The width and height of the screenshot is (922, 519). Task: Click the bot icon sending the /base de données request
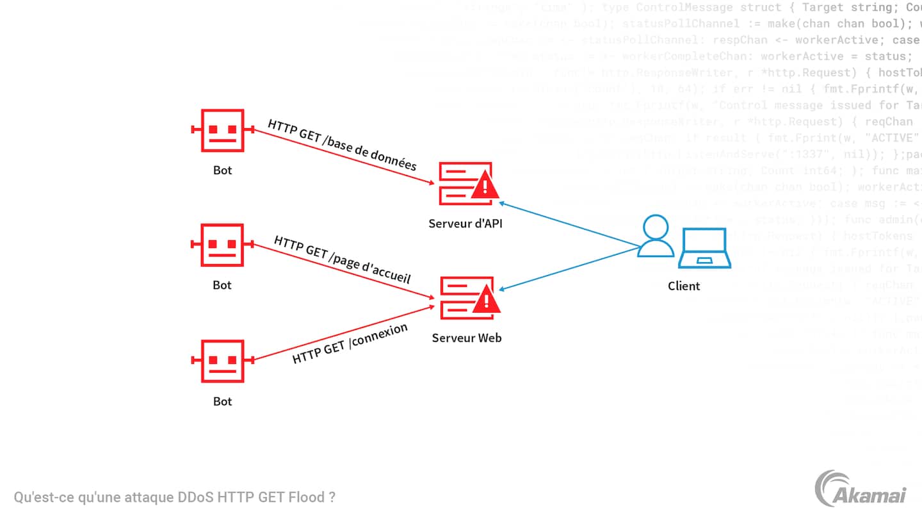(x=222, y=131)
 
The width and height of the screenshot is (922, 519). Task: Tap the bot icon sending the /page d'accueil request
(x=222, y=245)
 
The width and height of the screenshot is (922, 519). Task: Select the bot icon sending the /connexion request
(x=222, y=361)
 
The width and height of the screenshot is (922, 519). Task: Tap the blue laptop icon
(x=705, y=248)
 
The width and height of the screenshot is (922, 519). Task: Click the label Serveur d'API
(x=465, y=224)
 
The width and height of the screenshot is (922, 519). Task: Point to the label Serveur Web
(x=467, y=338)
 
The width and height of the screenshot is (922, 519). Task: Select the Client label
(x=684, y=286)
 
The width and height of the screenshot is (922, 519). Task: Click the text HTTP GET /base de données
(x=342, y=145)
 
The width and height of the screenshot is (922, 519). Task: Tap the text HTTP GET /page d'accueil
(x=342, y=260)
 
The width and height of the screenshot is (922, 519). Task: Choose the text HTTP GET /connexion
(x=350, y=344)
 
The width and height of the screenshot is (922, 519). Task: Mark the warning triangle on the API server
(x=485, y=186)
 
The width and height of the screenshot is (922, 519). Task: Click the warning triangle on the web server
(x=485, y=301)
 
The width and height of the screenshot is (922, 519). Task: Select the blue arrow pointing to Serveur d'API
(x=570, y=225)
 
